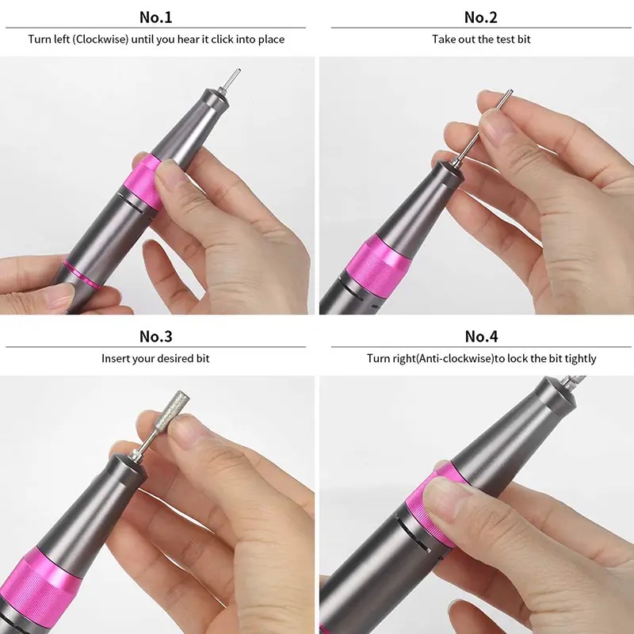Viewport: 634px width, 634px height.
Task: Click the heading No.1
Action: coord(155,17)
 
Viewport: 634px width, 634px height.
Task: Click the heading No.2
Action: coord(481,17)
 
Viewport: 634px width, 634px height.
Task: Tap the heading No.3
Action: coord(155,336)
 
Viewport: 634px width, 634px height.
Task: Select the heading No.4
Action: coord(481,336)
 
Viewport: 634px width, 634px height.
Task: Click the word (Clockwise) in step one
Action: coord(101,39)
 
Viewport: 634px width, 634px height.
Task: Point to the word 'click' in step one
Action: coord(222,39)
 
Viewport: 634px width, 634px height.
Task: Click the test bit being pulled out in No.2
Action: coord(484,127)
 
